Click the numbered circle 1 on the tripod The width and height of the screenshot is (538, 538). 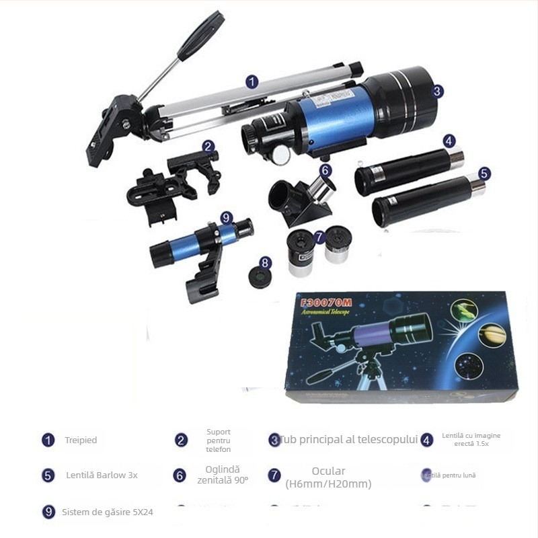click(x=252, y=82)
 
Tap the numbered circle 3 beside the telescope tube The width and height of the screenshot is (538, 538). click(x=437, y=91)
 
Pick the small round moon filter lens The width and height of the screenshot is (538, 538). click(x=260, y=276)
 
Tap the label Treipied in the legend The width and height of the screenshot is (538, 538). click(x=81, y=440)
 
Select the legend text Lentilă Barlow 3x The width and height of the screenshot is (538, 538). click(x=102, y=475)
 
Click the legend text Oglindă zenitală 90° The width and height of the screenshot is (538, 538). click(x=223, y=475)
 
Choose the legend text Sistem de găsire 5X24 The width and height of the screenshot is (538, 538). click(x=108, y=512)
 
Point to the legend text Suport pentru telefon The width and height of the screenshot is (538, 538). click(x=219, y=440)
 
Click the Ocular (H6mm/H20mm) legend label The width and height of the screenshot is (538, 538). click(x=328, y=477)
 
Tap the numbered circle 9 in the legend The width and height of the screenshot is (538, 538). click(x=48, y=512)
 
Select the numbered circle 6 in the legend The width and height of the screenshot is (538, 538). click(x=180, y=475)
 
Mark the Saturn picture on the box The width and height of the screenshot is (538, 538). click(x=490, y=332)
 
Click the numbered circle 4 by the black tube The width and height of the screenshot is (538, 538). click(x=449, y=141)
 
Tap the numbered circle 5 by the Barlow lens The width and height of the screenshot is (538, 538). click(x=484, y=173)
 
